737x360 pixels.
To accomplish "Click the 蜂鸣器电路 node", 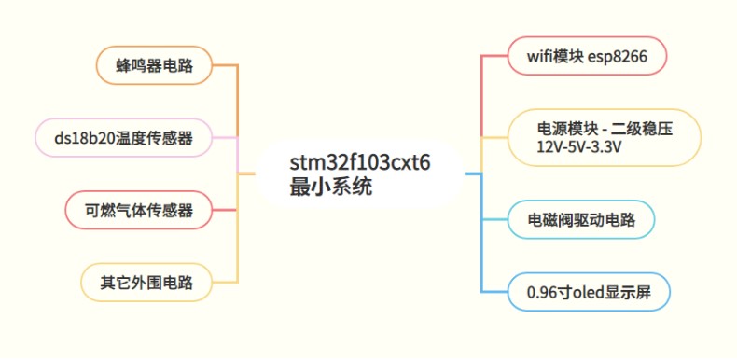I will (154, 65).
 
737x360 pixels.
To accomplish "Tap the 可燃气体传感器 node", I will (139, 210).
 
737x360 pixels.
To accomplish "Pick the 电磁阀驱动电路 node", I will (581, 220).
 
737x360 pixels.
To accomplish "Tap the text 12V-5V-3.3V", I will (578, 147).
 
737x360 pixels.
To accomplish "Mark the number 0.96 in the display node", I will (542, 292).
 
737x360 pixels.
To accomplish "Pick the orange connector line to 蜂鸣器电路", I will (238, 93).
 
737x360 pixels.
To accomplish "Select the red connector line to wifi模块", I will (481, 93).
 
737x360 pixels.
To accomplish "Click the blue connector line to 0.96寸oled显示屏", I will (481, 252).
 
